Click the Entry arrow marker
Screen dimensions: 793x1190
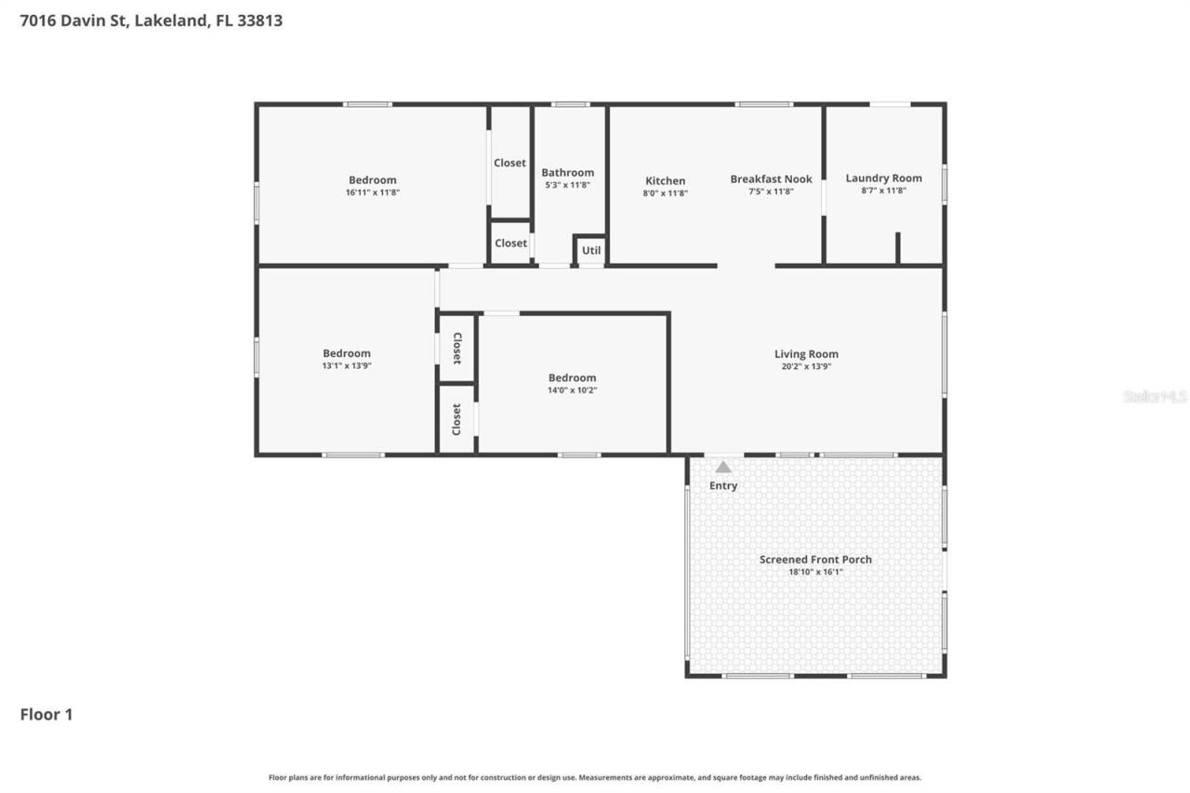click(x=723, y=468)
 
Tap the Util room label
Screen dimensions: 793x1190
click(x=591, y=250)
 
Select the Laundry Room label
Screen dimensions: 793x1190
click(x=883, y=178)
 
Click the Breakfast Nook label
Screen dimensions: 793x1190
click(x=771, y=179)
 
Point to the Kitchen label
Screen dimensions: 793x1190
click(x=665, y=181)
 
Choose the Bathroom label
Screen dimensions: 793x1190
click(x=567, y=173)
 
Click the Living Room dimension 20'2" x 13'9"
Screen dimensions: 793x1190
click(x=806, y=366)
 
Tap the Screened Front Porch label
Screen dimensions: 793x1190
click(x=815, y=560)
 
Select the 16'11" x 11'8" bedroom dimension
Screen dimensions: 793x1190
click(x=372, y=192)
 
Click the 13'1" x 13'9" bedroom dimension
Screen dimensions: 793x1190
click(x=346, y=366)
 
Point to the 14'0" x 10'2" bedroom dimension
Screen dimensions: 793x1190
click(x=572, y=390)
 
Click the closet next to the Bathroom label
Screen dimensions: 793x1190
click(x=509, y=163)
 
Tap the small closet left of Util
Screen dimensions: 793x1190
click(x=510, y=244)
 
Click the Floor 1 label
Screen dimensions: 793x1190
click(x=46, y=715)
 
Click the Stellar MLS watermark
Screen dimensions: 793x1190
click(x=1155, y=396)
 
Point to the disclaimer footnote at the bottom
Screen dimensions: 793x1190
click(x=595, y=777)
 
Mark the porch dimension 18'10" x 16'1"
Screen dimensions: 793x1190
click(x=815, y=572)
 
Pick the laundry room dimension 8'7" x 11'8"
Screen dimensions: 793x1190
click(x=883, y=191)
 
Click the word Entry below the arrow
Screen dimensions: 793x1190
click(x=723, y=485)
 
